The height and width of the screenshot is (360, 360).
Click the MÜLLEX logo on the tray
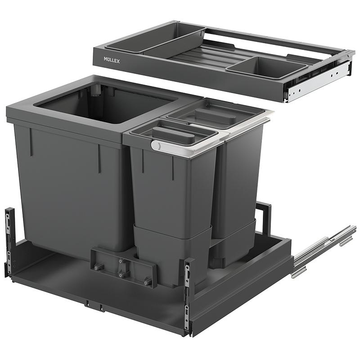coord(112,60)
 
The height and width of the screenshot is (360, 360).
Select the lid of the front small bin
coord(173,134)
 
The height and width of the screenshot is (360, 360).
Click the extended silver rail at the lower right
coord(323,252)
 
